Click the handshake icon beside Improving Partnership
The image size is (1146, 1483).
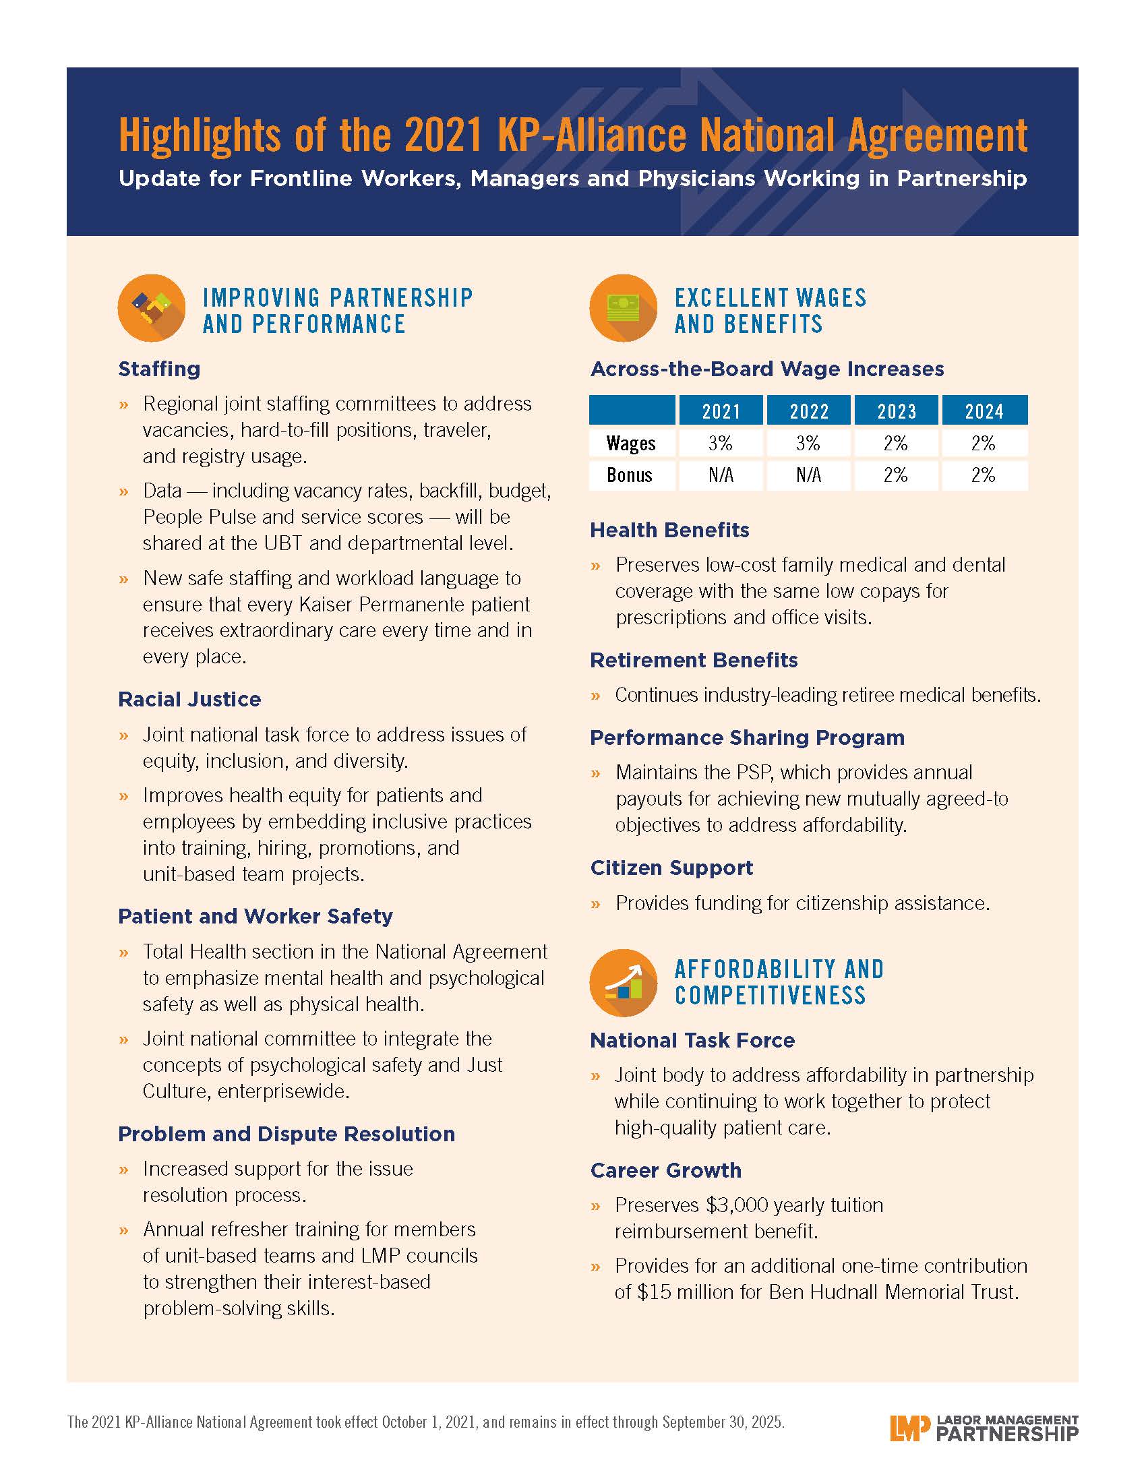(x=152, y=307)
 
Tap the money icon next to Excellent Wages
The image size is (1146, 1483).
(x=623, y=307)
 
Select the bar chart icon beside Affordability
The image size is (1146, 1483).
(x=623, y=982)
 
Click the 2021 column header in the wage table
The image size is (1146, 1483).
(x=721, y=411)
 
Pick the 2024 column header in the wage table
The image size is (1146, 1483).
(x=984, y=411)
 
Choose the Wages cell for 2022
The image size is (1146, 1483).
(x=808, y=444)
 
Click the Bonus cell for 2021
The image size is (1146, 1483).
(x=721, y=475)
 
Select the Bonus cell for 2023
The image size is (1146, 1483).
(x=895, y=475)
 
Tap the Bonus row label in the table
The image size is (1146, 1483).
(x=630, y=475)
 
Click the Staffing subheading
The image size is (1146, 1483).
(x=160, y=369)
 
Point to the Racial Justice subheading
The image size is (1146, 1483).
(x=189, y=700)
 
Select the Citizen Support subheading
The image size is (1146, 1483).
(x=671, y=868)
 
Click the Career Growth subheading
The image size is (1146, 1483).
(x=665, y=1170)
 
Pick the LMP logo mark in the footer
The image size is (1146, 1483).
(x=910, y=1428)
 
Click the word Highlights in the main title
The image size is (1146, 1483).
(x=199, y=135)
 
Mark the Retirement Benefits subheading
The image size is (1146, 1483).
(x=693, y=660)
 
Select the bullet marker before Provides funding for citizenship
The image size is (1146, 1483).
(x=596, y=904)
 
